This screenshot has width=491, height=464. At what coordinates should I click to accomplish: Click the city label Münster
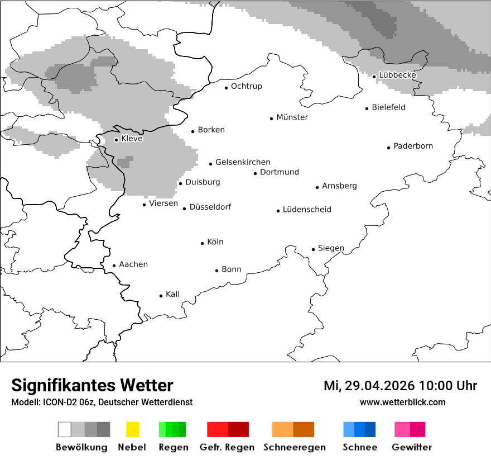[292, 117]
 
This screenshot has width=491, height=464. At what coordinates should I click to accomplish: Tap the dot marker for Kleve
[116, 140]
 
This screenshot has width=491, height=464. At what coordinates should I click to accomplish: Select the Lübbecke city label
[397, 75]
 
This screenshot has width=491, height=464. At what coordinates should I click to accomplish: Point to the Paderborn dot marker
[389, 148]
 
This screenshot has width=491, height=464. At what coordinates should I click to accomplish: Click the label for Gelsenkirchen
[243, 162]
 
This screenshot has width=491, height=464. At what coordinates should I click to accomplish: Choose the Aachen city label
[133, 264]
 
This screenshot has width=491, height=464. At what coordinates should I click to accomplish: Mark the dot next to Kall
[161, 296]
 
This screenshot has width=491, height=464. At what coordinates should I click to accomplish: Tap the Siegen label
[331, 248]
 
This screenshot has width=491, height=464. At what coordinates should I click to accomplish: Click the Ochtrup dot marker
[227, 88]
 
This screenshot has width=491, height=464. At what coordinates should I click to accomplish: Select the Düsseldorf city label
[210, 207]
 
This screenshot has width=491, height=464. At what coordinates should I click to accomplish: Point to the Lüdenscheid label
[307, 210]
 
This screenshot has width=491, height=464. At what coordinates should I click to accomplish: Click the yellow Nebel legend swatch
[132, 429]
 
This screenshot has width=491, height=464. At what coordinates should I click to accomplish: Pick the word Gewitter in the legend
[412, 447]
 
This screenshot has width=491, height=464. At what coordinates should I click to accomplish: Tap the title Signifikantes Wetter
[92, 386]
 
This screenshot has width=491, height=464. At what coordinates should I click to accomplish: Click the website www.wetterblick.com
[402, 402]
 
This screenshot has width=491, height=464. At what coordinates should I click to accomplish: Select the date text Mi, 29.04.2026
[369, 386]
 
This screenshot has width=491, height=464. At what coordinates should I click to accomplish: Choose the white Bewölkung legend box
[65, 429]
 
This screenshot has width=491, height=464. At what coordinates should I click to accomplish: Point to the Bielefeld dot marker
[367, 108]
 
